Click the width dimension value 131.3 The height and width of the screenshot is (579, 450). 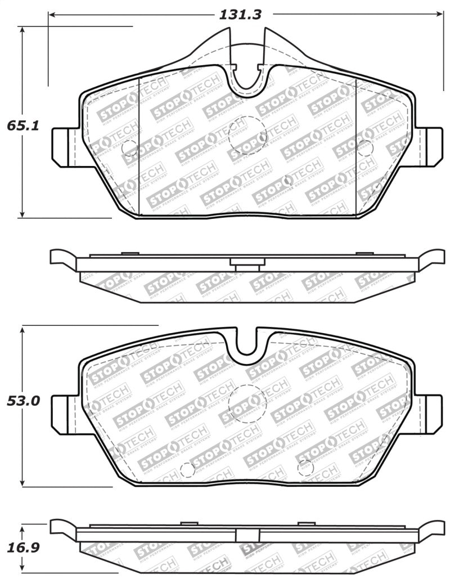pyautogui.click(x=240, y=15)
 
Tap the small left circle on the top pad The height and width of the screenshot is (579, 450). pyautogui.click(x=129, y=147)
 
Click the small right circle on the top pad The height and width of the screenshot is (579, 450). pyautogui.click(x=364, y=147)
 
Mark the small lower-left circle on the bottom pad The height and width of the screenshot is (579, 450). pyautogui.click(x=186, y=472)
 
